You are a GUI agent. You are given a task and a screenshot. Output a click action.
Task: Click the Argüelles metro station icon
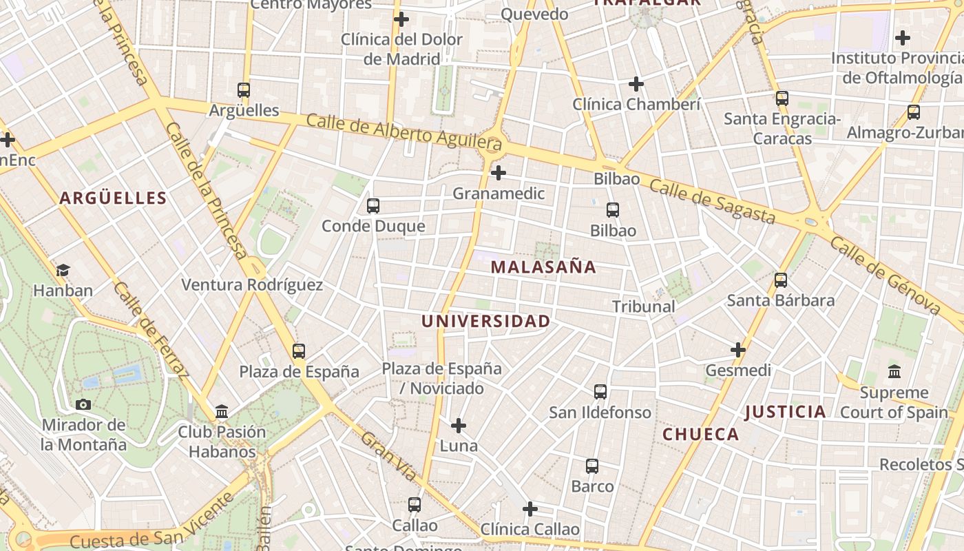coord(243,90)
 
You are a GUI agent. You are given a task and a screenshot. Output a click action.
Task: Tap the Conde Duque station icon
coord(373,205)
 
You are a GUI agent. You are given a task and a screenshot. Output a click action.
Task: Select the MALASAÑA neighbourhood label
coord(543,267)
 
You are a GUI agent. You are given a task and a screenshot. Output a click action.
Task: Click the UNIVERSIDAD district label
coord(486,321)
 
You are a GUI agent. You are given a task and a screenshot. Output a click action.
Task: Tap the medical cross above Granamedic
coord(499,172)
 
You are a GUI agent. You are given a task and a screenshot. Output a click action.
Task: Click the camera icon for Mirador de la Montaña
coord(83,404)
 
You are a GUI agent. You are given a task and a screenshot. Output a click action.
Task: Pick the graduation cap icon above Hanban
coord(63,270)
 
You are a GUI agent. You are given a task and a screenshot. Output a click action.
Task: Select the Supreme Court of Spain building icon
coord(894,372)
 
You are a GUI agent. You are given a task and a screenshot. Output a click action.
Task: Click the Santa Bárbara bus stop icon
coord(780,280)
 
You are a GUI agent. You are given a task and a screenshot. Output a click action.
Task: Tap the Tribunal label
coord(643,306)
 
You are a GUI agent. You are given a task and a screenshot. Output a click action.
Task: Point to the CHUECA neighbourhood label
coord(700,435)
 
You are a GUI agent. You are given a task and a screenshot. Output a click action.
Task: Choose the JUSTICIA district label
coord(786,412)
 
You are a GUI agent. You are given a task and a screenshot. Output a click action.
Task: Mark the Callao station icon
coord(414,505)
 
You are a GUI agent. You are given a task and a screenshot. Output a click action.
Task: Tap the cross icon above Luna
coord(458,426)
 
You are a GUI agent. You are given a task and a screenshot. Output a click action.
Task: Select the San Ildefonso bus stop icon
coord(600,392)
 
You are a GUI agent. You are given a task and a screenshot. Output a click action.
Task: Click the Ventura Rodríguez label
coord(251,284)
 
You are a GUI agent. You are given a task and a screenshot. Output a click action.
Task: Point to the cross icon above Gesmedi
coord(738,350)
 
